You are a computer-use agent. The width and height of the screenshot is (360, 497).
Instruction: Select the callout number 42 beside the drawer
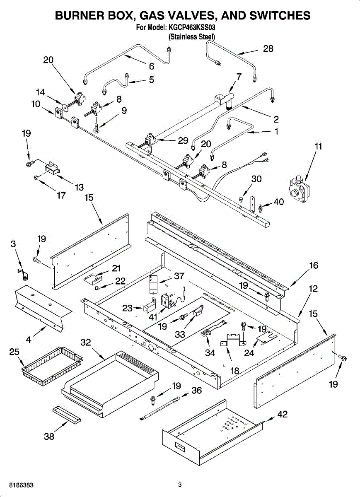click(x=282, y=415)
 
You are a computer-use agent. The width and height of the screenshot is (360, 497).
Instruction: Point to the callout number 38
click(x=49, y=437)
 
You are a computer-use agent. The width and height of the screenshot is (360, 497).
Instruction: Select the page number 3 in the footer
click(x=180, y=485)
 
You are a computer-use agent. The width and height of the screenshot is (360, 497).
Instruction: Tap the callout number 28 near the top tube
click(x=268, y=48)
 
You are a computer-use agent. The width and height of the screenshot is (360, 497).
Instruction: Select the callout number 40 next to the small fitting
click(x=279, y=202)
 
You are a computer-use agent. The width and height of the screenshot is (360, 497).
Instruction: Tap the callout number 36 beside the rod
click(x=196, y=390)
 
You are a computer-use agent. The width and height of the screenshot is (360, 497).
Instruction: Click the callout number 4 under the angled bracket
click(x=28, y=340)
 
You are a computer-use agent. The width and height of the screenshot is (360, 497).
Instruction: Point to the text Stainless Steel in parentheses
click(x=191, y=37)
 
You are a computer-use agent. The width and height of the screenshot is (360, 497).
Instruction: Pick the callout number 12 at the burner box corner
click(x=314, y=289)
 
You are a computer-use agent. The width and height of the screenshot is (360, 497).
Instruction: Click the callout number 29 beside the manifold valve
click(x=183, y=140)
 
